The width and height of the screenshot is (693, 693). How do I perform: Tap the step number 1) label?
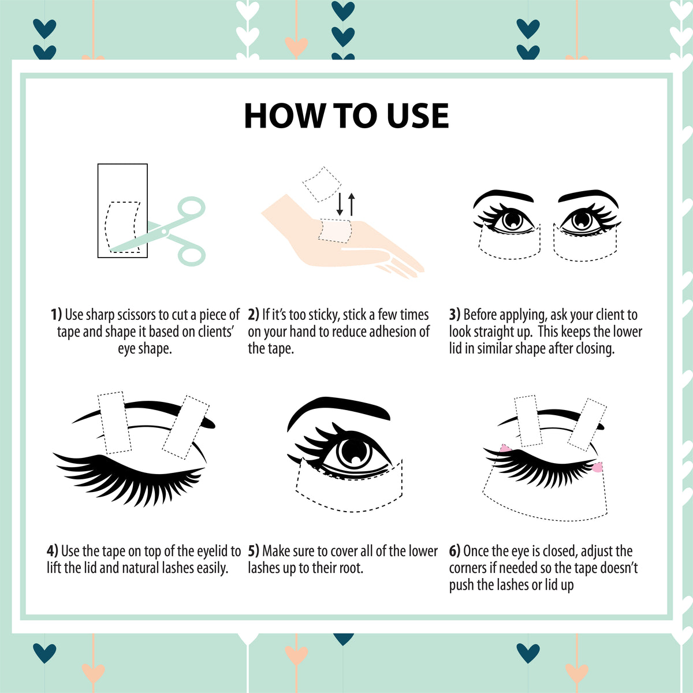(56, 315)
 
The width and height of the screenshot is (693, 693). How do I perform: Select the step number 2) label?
(254, 315)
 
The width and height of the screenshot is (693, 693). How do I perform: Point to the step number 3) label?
(454, 315)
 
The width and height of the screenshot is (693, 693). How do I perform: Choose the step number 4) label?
(53, 551)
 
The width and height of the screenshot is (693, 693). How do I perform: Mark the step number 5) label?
(254, 551)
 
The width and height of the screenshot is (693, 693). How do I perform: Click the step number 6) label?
(454, 551)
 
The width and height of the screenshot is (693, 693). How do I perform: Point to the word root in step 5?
(352, 568)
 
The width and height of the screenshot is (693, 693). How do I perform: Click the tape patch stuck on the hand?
(334, 231)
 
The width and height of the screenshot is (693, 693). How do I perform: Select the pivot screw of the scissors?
(164, 231)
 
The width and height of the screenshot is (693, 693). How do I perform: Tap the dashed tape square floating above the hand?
(322, 184)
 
